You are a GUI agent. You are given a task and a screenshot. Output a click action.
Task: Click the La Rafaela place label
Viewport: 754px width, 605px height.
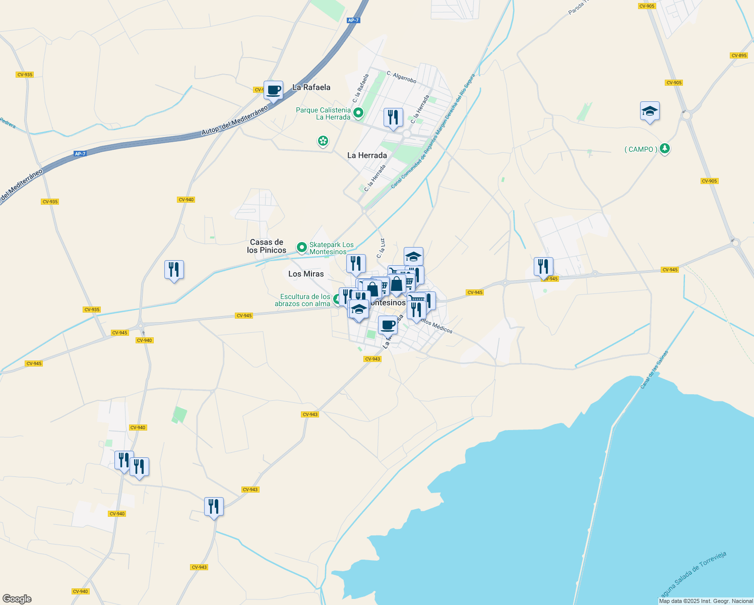click(x=311, y=87)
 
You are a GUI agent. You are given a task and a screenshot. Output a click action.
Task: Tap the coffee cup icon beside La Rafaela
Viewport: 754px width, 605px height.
click(x=273, y=91)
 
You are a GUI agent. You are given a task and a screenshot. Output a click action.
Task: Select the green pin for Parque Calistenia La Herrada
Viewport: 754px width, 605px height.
click(x=358, y=112)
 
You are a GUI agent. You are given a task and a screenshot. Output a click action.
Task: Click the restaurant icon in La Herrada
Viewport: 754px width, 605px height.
click(x=393, y=117)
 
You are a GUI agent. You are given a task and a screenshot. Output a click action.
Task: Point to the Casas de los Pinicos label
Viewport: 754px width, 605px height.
click(x=267, y=246)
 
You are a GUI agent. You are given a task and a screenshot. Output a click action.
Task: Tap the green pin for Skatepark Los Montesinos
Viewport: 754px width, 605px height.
click(x=302, y=247)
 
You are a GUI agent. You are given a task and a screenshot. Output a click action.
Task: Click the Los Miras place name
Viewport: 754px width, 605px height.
click(x=306, y=274)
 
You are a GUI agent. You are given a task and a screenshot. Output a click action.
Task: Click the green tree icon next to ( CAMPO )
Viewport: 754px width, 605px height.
click(x=665, y=149)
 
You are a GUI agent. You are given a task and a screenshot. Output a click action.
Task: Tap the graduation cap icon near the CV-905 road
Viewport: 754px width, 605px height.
click(x=650, y=111)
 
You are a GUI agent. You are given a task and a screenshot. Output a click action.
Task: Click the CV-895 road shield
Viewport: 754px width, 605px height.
click(x=739, y=55)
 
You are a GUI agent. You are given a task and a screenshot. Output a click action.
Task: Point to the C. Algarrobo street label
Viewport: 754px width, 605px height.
click(x=402, y=77)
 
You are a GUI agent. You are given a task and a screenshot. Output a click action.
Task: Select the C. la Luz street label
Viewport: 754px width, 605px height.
click(x=381, y=249)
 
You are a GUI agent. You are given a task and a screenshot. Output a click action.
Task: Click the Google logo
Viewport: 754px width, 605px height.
click(x=17, y=599)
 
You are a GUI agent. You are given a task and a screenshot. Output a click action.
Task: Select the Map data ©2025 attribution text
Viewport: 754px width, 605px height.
click(x=706, y=601)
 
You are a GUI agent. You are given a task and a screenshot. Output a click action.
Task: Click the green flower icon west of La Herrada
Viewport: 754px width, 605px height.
click(x=323, y=141)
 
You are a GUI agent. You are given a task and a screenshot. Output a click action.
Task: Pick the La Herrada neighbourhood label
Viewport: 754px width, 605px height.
click(x=367, y=155)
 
